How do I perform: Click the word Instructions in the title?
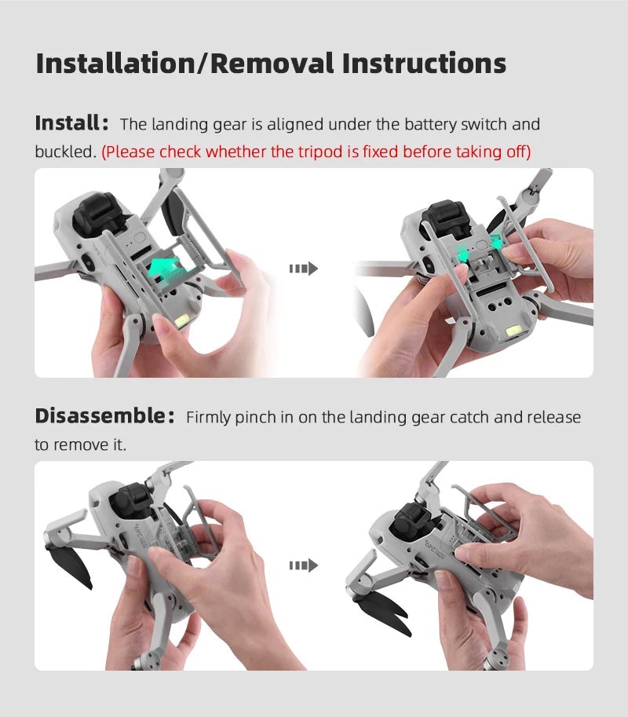(x=415, y=63)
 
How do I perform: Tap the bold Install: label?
(x=71, y=123)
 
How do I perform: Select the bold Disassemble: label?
(x=104, y=415)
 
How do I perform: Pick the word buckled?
(x=64, y=152)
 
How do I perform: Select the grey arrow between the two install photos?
(x=303, y=269)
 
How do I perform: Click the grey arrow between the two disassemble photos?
(x=303, y=565)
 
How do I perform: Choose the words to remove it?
(x=80, y=444)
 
